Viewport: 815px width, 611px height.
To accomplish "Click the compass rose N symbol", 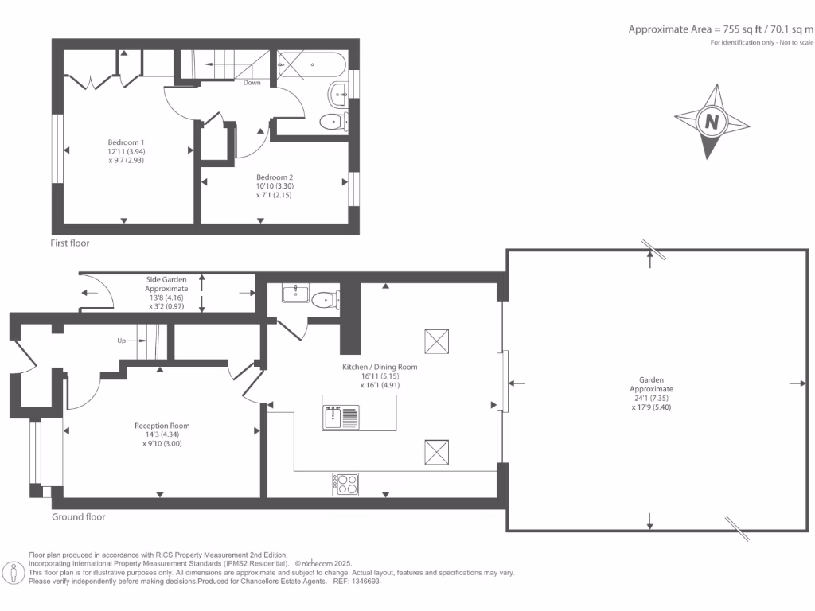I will (x=712, y=123).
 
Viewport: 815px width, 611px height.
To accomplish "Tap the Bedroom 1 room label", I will (x=126, y=142).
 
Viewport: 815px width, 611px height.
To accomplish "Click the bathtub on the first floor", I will (x=311, y=64).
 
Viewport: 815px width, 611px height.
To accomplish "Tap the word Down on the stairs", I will (x=252, y=83).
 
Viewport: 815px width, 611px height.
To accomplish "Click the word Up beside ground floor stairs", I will (x=122, y=341).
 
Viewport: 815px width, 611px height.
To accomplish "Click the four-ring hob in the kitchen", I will (x=345, y=482).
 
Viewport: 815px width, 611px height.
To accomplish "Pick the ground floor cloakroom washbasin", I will (x=294, y=293).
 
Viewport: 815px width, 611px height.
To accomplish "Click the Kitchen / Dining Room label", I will (x=379, y=368).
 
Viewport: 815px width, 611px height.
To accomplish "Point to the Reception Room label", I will (x=162, y=426).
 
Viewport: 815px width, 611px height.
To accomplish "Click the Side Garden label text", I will (x=166, y=280).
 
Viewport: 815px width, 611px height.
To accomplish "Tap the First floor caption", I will (x=71, y=243).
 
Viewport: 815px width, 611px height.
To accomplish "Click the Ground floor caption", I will (x=79, y=516).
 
